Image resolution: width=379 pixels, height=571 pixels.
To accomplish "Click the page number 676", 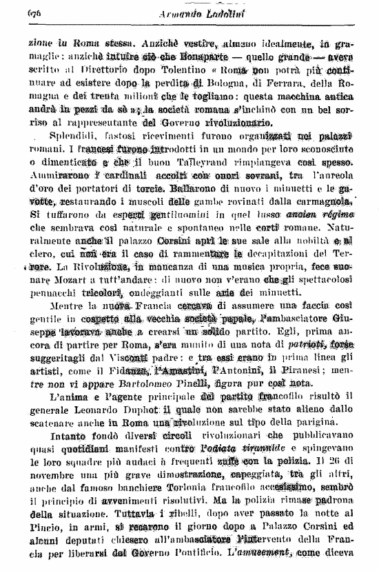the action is coord(35,12).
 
